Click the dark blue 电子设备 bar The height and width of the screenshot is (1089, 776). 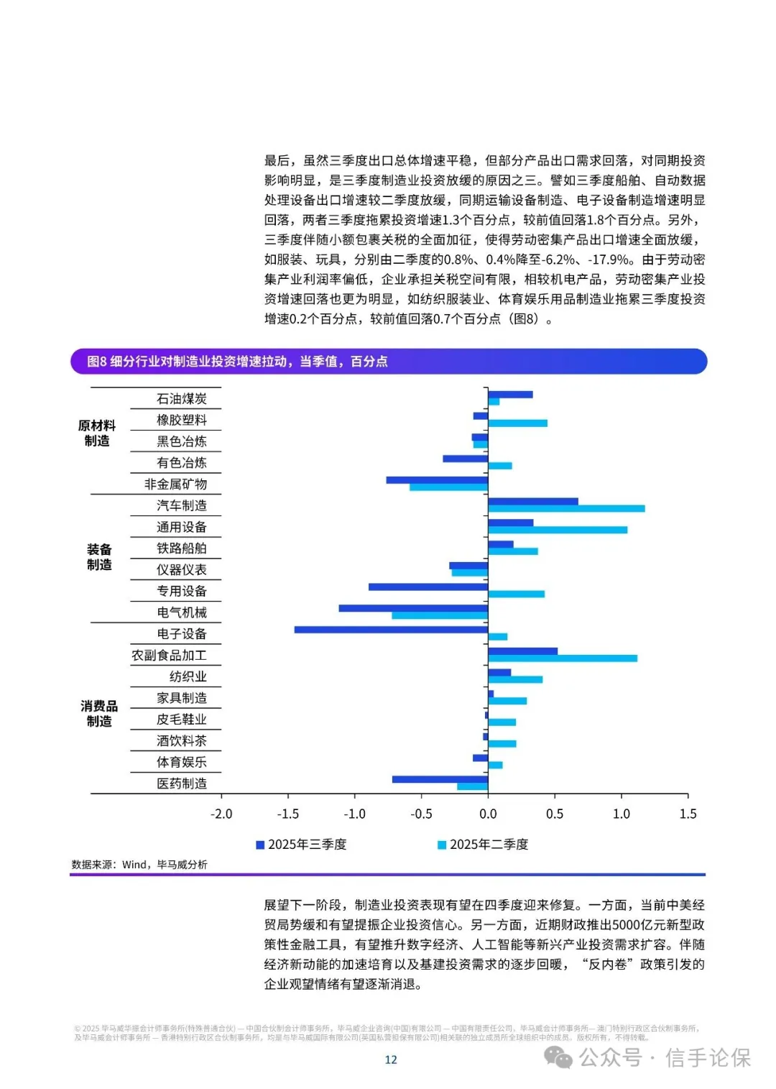391,630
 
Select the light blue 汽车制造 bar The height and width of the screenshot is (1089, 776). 566,509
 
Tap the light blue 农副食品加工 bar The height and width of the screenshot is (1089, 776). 562,658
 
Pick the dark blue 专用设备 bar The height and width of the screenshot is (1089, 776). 428,587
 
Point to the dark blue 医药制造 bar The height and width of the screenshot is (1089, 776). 440,779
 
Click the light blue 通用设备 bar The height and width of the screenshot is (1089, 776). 558,530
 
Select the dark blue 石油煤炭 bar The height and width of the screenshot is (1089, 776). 510,395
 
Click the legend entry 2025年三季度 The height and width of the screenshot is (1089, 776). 302,845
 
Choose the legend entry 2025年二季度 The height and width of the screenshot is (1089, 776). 484,845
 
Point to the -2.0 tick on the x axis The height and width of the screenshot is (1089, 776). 221,814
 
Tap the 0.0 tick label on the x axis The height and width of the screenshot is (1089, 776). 488,814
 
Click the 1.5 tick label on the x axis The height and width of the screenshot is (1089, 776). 688,814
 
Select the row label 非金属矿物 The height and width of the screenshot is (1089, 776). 175,484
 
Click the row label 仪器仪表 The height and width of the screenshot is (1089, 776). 182,570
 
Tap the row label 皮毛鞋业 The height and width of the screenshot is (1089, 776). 182,720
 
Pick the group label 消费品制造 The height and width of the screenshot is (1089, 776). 99,713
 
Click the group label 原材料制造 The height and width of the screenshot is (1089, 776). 97,433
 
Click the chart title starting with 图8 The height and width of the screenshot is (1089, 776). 237,362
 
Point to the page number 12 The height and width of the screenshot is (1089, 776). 391,1060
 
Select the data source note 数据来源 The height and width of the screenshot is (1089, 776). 139,865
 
